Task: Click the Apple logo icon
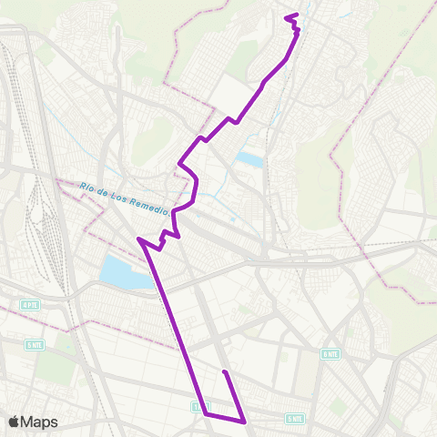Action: click(15, 422)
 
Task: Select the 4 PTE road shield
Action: click(30, 304)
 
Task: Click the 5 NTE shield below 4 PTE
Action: click(34, 345)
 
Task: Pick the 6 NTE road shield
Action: click(330, 353)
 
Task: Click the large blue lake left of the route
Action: click(123, 272)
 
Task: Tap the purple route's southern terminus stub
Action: click(224, 372)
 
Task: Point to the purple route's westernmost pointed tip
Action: click(138, 240)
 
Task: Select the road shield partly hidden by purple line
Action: click(199, 406)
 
